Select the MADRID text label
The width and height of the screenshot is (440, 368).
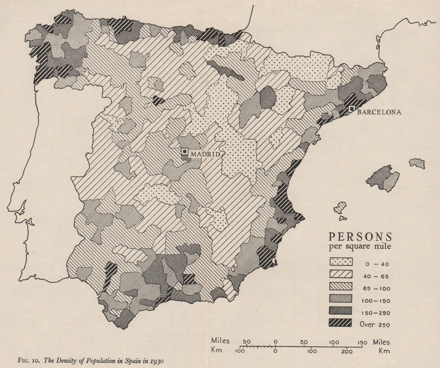click(x=205, y=154)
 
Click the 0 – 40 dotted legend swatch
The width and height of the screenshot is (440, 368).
click(x=341, y=262)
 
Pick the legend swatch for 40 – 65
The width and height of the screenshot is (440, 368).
click(x=341, y=274)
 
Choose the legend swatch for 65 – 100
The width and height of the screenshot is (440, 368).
click(x=341, y=286)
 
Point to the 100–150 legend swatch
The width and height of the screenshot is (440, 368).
click(x=341, y=298)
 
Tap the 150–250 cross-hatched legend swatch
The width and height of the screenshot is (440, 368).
click(x=341, y=310)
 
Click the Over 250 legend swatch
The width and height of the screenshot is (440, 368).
click(x=341, y=322)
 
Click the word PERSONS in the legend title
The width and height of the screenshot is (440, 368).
click(x=360, y=236)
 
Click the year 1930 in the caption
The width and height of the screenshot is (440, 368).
click(x=157, y=360)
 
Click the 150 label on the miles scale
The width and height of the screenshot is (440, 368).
click(x=362, y=342)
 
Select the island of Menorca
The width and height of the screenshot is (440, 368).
click(x=417, y=163)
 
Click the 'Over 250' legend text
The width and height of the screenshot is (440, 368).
click(x=375, y=324)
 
